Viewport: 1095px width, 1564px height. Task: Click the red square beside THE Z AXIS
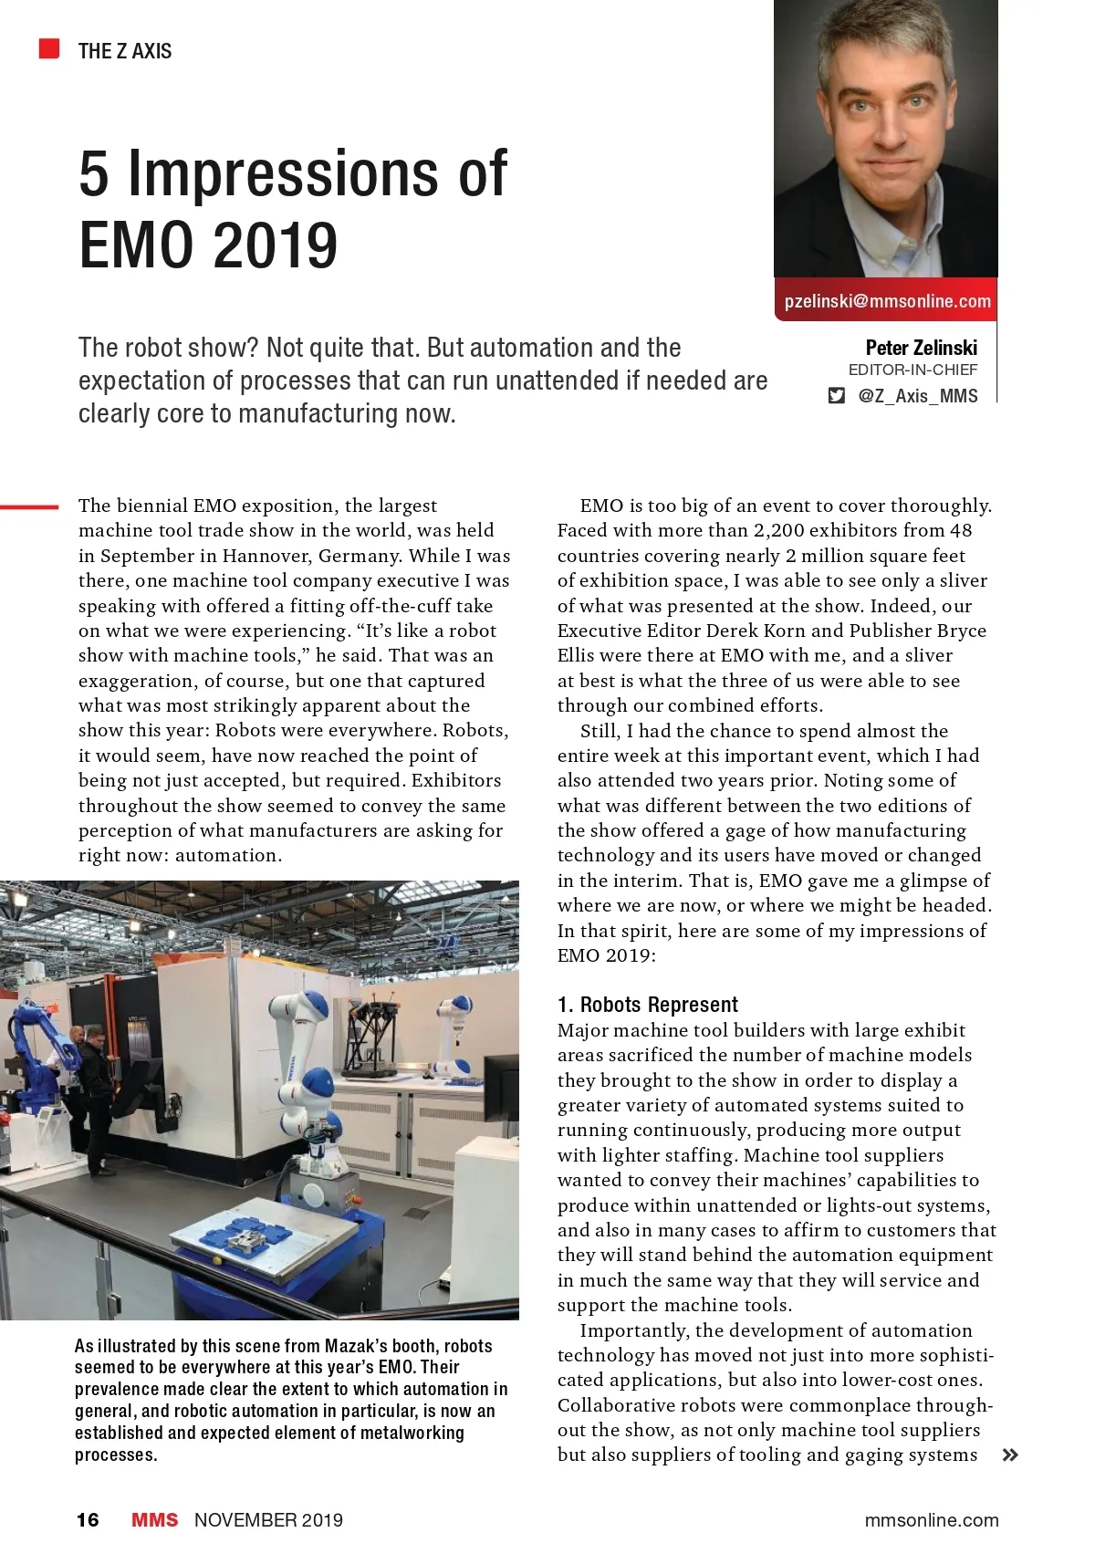coord(49,49)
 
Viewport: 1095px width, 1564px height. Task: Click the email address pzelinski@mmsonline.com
coord(887,301)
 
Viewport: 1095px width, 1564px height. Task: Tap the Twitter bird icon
coord(836,396)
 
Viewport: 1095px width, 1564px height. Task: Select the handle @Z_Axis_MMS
coord(917,396)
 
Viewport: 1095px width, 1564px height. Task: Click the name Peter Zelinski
coord(921,348)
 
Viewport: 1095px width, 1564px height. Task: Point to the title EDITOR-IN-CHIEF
coord(912,370)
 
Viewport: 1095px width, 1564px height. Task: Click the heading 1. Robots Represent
coord(647,1005)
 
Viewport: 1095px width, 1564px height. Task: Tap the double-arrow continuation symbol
coord(1009,1455)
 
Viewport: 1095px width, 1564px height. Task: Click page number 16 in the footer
coord(88,1520)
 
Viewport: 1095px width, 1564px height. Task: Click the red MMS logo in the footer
coord(154,1520)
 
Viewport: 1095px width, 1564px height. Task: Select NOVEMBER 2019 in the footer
coord(268,1520)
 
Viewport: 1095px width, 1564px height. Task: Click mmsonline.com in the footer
coord(931,1520)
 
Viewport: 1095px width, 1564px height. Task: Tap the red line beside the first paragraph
coord(29,506)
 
